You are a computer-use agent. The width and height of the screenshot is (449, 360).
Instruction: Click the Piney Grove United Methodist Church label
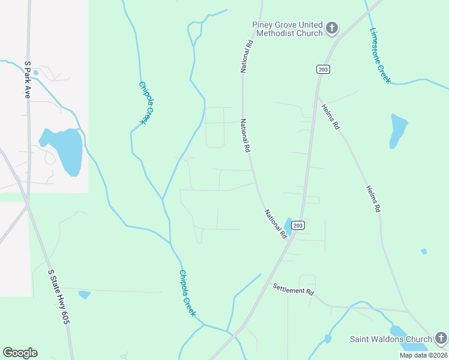point(288,29)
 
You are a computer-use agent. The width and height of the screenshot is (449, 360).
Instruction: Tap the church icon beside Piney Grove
point(331,28)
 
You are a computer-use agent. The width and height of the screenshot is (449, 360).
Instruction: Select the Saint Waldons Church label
point(391,340)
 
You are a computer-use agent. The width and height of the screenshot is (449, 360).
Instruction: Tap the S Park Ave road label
point(27,79)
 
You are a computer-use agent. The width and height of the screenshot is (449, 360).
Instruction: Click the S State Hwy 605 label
point(58,297)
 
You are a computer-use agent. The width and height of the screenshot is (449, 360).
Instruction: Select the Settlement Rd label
point(294,289)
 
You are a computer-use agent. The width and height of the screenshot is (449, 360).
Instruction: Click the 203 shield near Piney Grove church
point(323,70)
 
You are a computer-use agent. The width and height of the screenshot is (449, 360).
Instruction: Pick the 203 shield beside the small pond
point(300,225)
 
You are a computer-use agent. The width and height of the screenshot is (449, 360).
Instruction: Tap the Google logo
point(20,353)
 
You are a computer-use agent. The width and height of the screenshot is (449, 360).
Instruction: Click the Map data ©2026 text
point(423,355)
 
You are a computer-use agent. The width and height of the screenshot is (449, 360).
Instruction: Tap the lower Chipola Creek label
point(187,293)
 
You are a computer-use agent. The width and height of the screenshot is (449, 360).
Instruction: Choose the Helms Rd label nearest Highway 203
point(331,115)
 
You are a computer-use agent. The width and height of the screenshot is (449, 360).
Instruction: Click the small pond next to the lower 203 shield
point(288,226)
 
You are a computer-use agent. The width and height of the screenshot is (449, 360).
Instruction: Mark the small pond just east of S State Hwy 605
point(84,295)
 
